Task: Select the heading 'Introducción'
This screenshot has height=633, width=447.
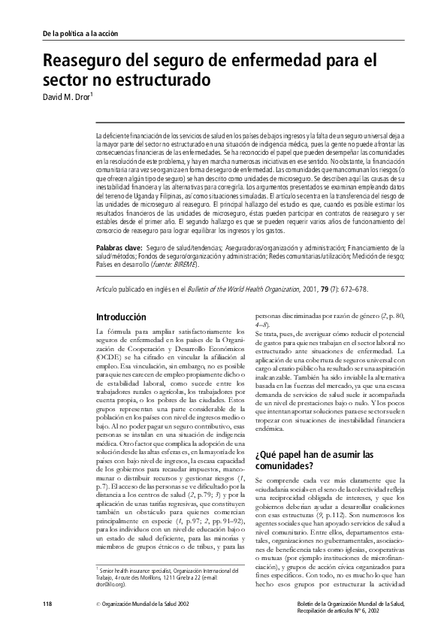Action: (x=125, y=317)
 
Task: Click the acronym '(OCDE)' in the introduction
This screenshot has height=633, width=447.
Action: (x=111, y=356)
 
